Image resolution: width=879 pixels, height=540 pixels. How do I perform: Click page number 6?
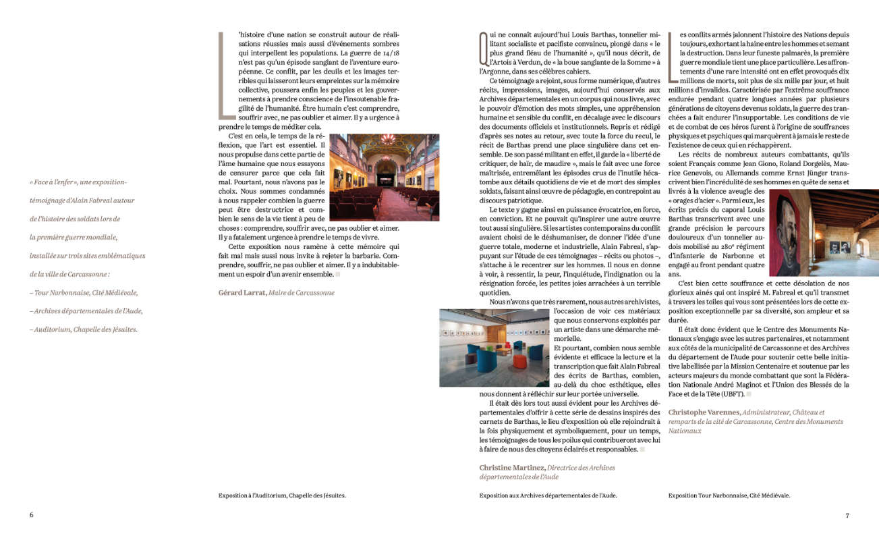point(31,515)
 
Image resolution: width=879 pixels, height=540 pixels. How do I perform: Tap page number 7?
point(847,515)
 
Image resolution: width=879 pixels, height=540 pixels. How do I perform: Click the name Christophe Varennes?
point(704,412)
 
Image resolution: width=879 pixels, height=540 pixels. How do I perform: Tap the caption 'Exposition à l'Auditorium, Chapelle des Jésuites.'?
point(282,495)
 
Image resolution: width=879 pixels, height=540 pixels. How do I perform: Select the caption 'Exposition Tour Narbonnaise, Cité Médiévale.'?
point(729,495)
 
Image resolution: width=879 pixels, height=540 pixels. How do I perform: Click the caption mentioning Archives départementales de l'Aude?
point(548,495)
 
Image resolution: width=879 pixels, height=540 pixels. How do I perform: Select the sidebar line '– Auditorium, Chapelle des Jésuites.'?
point(83,329)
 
